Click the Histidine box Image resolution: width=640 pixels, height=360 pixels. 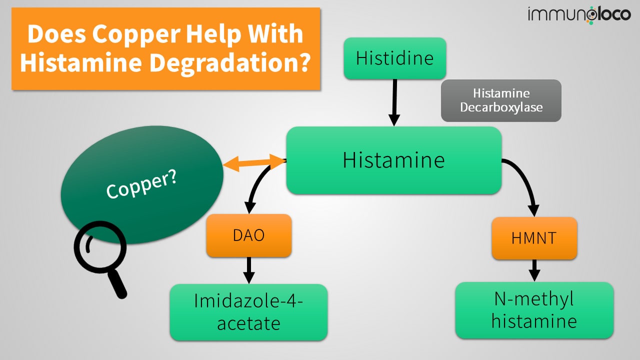tap(394, 58)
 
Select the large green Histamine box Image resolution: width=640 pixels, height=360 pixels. tap(393, 160)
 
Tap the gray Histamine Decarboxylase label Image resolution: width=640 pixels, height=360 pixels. tap(501, 100)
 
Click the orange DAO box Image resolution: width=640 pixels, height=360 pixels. tap(249, 235)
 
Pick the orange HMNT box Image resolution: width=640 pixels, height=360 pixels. tap(534, 238)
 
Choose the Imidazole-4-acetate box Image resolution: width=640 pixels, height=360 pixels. tap(248, 312)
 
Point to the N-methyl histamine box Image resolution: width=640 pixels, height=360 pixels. tap(534, 310)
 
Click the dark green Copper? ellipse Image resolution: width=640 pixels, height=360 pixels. tap(142, 185)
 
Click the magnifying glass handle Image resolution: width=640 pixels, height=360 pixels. tap(117, 284)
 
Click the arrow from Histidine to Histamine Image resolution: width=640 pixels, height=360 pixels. tap(394, 102)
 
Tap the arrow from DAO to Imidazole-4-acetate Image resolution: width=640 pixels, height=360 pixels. tap(249, 270)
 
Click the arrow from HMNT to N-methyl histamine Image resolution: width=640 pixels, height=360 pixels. tap(534, 270)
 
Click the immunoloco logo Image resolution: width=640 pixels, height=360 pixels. tap(579, 15)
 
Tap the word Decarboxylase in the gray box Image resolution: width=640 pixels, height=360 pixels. tap(501, 107)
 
